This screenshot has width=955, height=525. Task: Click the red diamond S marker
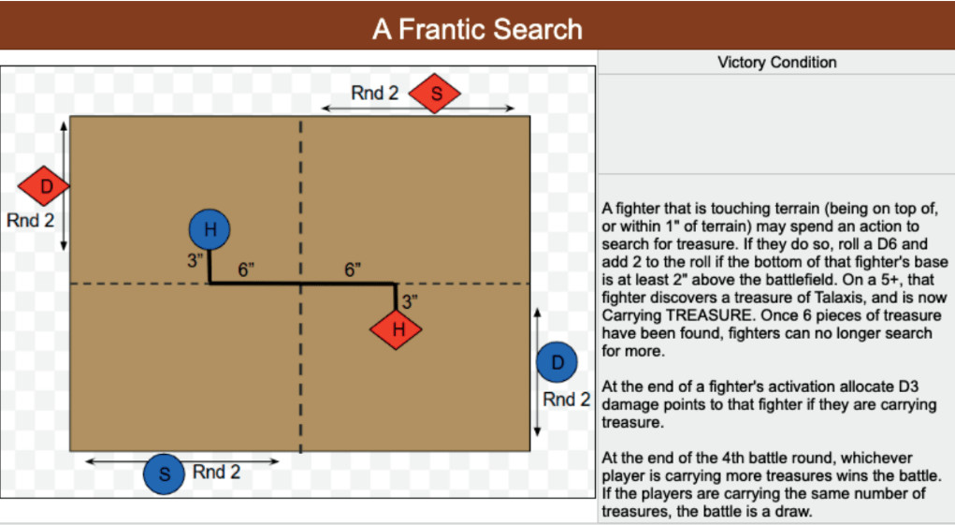coord(436,94)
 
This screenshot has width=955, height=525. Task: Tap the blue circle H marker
coord(210,230)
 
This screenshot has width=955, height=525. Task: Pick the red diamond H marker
coord(397,328)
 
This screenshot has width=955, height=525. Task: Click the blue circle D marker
coord(557,363)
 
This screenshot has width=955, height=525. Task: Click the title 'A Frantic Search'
coord(477,29)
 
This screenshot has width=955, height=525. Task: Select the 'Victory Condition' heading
coord(776,63)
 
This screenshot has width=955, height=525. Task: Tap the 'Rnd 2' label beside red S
coord(374,94)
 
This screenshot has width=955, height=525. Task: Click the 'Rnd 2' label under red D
coord(30,223)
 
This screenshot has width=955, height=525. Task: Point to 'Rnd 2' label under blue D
coord(567,400)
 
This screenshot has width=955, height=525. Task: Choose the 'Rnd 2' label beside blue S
coord(216,472)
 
